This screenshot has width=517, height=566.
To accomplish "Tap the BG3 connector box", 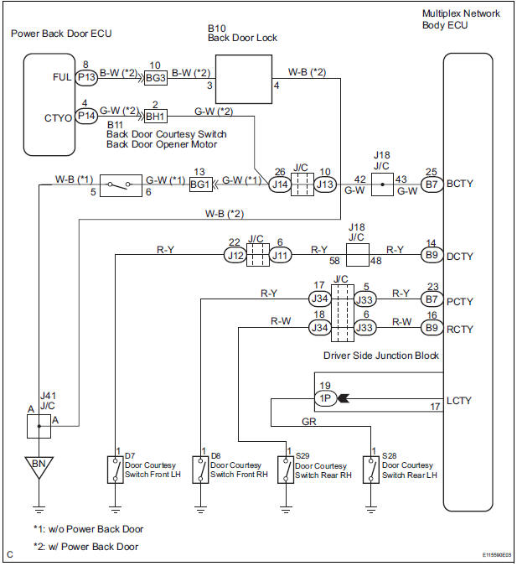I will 155,77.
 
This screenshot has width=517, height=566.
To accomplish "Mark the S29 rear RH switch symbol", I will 286,470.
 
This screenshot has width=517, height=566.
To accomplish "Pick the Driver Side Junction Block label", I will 381,356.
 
